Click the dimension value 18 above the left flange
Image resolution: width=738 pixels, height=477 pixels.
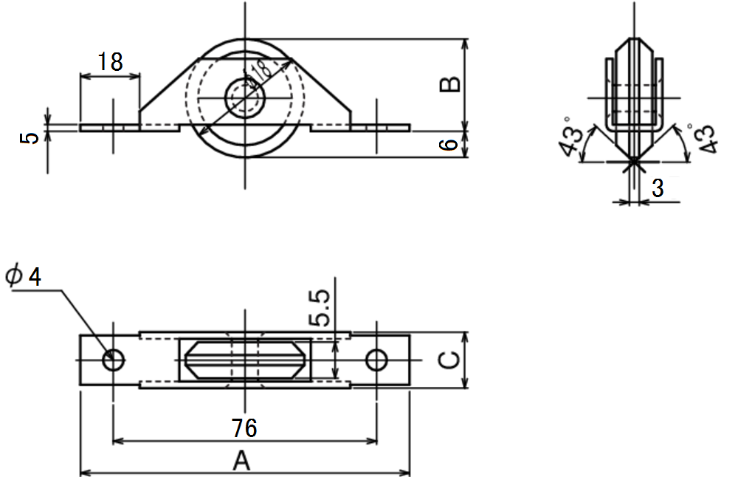(110, 62)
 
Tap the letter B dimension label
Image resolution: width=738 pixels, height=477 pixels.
(450, 84)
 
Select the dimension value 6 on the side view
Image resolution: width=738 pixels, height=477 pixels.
(449, 144)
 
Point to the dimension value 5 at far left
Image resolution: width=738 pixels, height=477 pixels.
(30, 138)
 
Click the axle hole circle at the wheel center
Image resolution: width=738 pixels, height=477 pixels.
(245, 98)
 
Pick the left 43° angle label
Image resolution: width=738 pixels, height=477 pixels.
(573, 136)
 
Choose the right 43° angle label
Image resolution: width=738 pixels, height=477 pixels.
(703, 138)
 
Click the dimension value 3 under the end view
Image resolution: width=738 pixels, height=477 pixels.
(658, 188)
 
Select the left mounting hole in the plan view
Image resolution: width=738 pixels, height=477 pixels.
(113, 360)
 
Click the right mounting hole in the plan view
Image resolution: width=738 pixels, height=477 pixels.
(376, 360)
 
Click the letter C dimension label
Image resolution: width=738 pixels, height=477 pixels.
(449, 360)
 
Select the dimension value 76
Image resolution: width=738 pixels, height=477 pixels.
(244, 428)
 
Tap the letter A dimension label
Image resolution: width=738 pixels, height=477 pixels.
(241, 461)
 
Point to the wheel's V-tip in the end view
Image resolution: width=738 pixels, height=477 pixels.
(634, 162)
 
